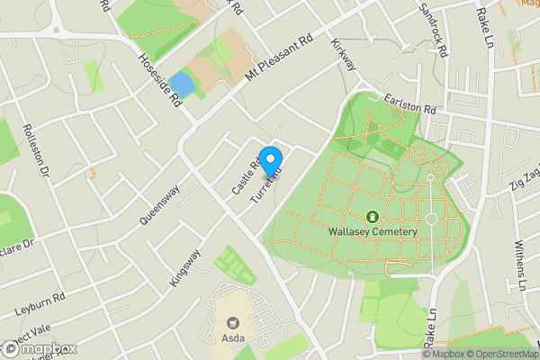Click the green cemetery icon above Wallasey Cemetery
pyautogui.click(x=373, y=216)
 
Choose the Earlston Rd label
pyautogui.click(x=409, y=104)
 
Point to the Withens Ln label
pyautogui.click(x=519, y=266)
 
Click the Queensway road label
pyautogui.click(x=160, y=204)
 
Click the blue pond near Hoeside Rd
pyautogui.click(x=182, y=85)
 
